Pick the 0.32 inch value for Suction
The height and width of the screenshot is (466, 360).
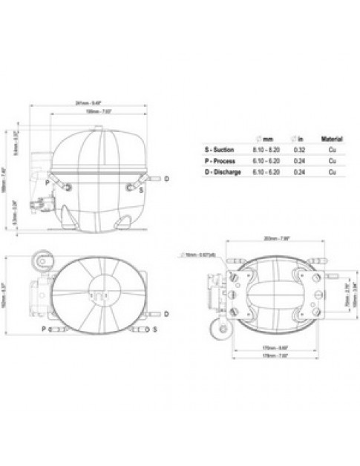[x=300, y=149]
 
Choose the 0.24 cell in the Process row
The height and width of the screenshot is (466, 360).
[x=300, y=160]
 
